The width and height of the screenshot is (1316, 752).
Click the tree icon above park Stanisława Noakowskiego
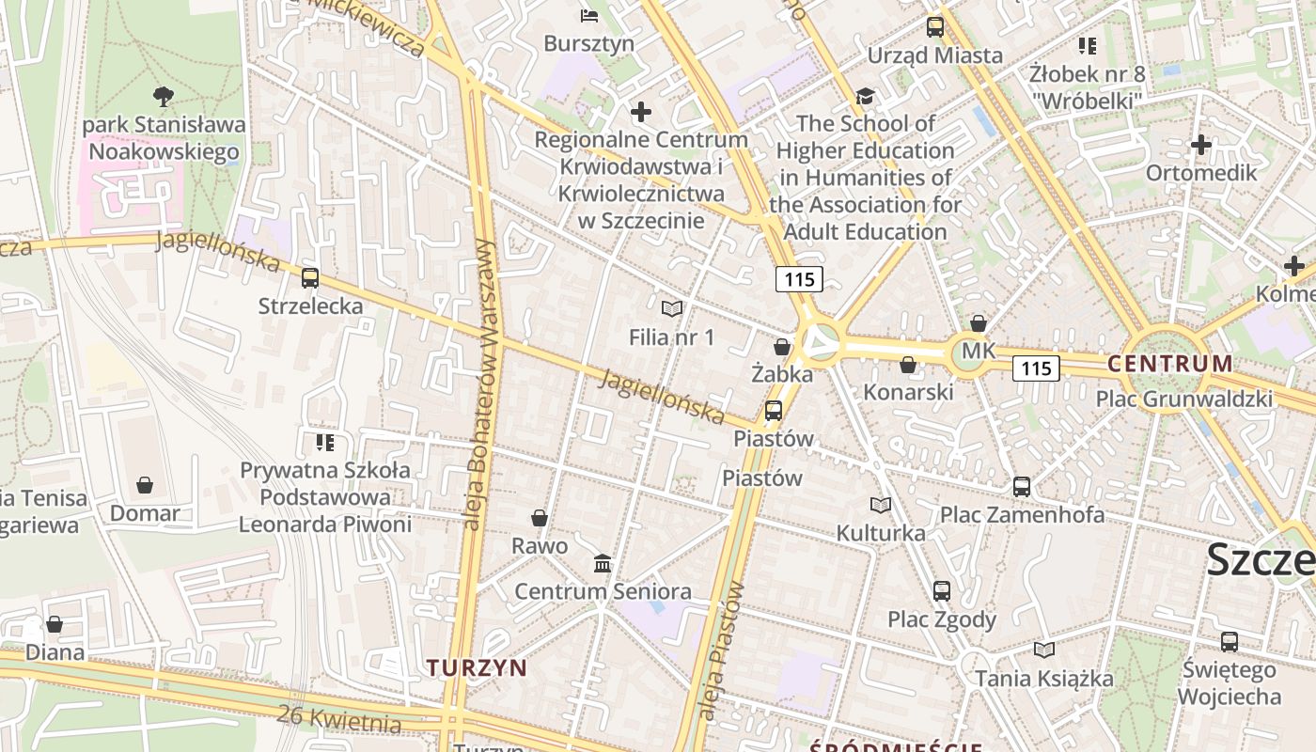[164, 95]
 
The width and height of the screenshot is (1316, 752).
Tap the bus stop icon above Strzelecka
[310, 278]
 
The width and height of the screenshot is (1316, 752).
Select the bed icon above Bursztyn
[589, 15]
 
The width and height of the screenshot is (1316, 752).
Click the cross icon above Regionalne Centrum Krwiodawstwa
[641, 113]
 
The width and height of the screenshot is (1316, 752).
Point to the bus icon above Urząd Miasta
[934, 27]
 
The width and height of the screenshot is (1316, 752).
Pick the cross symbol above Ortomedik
[1200, 145]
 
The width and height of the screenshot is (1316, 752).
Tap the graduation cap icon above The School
[865, 96]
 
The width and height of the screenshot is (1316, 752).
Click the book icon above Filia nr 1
[671, 308]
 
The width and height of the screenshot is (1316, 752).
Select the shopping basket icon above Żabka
[782, 347]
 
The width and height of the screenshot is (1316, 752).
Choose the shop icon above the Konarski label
[908, 365]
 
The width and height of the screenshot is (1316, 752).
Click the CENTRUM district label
[1170, 364]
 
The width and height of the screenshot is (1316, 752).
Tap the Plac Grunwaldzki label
[1184, 399]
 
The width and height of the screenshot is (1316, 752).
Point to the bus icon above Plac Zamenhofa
[1022, 487]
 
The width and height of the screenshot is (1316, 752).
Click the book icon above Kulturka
[881, 506]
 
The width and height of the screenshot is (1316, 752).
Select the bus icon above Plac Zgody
[942, 591]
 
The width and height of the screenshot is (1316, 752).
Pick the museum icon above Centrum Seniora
[603, 564]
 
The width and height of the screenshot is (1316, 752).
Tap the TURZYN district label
[477, 667]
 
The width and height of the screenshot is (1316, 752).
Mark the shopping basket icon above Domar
[145, 485]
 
